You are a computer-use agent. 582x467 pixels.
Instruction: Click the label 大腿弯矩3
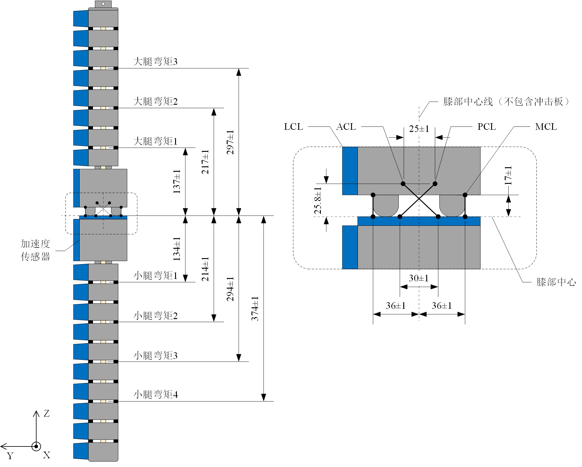coord(155,62)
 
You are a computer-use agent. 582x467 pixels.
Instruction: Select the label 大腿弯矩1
coord(155,141)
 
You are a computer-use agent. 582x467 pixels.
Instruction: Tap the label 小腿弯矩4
coord(155,394)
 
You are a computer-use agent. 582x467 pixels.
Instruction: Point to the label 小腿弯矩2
coord(155,316)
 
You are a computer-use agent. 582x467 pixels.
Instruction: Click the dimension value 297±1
coord(230,142)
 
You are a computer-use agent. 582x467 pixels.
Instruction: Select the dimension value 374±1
coord(255,309)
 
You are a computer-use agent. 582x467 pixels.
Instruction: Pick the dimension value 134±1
coord(177,249)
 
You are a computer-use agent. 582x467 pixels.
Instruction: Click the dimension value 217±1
coord(205,162)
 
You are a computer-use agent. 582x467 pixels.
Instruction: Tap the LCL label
coord(293,127)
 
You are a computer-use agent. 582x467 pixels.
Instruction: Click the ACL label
coord(346,127)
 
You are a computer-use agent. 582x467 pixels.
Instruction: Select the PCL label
coord(486,127)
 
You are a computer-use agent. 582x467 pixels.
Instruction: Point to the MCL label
coord(546,127)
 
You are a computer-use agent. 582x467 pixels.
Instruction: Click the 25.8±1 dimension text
coord(318,200)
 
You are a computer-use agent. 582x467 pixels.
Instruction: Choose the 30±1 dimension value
coord(418,278)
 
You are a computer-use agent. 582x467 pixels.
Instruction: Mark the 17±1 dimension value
coord(508,175)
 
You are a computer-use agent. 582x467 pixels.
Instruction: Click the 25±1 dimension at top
coord(419,129)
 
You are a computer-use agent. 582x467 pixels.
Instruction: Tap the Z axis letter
coord(46,413)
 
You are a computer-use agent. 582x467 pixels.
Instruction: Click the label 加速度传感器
coord(35,250)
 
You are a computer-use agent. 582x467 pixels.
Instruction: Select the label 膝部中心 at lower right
coord(556,282)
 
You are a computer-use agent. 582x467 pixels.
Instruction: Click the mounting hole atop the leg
coord(103,4)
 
